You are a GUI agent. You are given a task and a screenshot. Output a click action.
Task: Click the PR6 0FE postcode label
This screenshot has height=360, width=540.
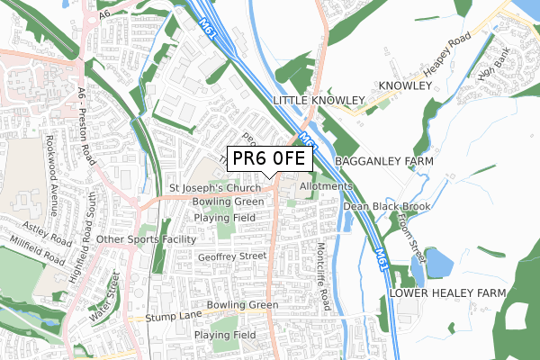tap(269, 158)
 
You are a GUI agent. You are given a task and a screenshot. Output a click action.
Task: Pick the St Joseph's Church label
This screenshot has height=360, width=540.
tap(215, 188)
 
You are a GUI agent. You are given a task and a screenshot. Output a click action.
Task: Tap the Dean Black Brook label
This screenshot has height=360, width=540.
tap(386, 206)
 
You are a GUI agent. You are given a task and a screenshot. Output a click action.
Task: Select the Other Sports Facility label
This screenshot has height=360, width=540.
tap(146, 239)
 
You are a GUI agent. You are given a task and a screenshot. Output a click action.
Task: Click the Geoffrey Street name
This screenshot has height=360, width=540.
tap(232, 256)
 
